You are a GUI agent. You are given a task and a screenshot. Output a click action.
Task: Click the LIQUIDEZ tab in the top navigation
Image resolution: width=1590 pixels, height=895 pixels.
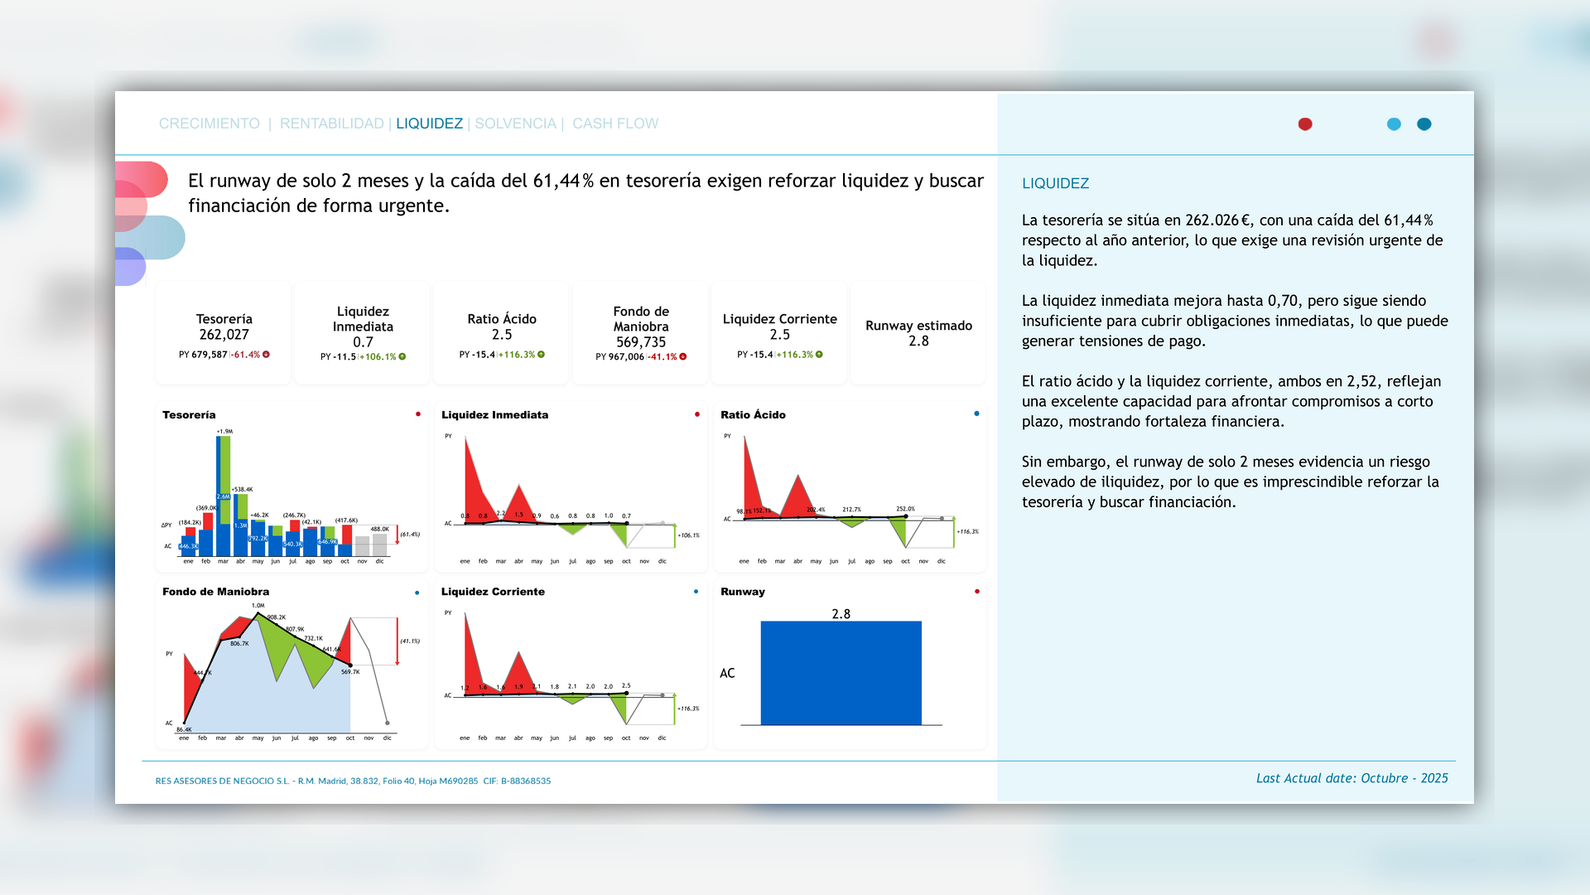[429, 123]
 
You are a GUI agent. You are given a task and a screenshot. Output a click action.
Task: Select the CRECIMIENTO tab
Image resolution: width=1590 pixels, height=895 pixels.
[209, 123]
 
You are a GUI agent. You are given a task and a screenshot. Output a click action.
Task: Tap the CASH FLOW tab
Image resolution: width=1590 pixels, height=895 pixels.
[615, 123]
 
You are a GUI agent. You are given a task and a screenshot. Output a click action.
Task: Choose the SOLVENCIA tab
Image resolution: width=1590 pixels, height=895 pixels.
[515, 123]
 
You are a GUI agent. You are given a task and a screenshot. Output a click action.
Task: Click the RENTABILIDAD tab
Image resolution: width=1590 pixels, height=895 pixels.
[331, 123]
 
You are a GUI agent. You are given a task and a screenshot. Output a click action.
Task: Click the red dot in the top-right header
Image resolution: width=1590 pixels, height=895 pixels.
[1305, 124]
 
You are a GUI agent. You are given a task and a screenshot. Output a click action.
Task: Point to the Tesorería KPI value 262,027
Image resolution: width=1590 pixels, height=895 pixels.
[224, 335]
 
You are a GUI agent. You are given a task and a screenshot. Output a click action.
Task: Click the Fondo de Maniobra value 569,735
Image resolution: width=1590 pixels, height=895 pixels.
[641, 342]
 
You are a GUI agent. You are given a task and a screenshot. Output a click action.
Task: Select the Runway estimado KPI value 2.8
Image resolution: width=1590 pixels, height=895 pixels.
[918, 341]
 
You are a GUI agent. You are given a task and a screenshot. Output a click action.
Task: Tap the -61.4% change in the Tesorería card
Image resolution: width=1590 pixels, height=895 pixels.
[247, 355]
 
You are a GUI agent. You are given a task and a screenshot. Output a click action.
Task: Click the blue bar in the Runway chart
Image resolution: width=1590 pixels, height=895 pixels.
[841, 673]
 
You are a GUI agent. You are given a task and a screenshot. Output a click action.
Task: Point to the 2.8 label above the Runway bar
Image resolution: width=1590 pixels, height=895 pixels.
[841, 614]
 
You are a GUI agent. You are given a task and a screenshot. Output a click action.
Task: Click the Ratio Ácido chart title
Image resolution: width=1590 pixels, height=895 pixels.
[753, 415]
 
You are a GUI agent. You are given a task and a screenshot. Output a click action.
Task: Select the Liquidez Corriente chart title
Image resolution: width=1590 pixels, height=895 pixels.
[493, 592]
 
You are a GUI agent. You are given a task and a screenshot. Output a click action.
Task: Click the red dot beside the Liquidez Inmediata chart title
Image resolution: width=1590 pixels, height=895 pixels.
[697, 414]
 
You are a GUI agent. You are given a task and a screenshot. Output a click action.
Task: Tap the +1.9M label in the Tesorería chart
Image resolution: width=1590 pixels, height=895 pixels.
[224, 432]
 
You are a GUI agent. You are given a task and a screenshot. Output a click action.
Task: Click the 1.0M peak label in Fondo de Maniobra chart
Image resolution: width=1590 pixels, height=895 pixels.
[258, 606]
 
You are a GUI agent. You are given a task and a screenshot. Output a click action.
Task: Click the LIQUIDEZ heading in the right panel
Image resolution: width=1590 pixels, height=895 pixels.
[1055, 183]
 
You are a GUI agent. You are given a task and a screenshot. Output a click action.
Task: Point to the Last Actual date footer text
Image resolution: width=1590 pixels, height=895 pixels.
[1351, 778]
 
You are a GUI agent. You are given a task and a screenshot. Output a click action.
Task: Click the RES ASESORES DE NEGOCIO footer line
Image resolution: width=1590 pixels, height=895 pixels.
[353, 781]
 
